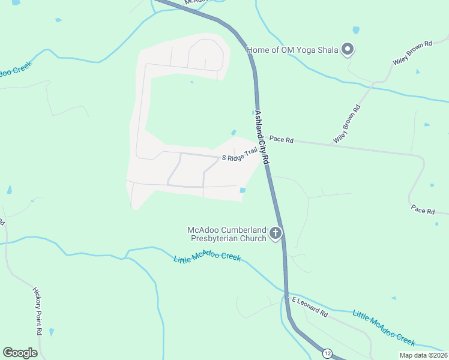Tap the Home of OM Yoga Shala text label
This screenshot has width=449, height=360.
(292, 50)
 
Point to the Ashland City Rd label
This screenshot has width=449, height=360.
(262, 137)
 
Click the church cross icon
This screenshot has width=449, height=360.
(276, 233)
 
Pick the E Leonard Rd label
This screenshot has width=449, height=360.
(310, 306)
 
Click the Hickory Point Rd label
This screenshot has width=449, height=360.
(37, 310)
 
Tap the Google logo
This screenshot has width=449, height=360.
(20, 353)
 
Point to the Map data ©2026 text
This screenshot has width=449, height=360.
(423, 355)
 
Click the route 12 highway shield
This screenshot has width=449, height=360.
(327, 352)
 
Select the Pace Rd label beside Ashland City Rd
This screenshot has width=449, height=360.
(281, 139)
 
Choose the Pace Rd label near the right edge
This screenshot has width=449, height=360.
(423, 210)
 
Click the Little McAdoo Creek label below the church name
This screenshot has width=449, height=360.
(207, 259)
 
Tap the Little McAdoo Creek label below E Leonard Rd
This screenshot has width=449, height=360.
(384, 327)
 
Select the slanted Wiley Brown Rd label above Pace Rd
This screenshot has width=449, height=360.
(348, 124)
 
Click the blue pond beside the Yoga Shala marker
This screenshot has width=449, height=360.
(356, 29)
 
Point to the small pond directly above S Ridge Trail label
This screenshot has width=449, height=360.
(234, 133)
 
